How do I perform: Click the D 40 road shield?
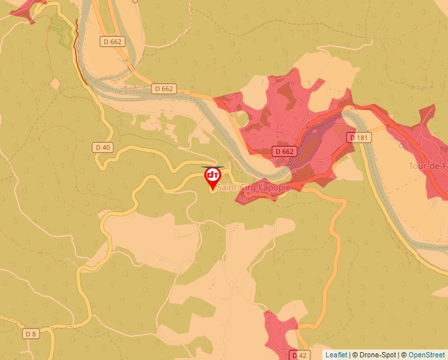tap(102, 147)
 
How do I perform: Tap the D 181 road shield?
tap(359, 138)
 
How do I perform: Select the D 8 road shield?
tap(31, 334)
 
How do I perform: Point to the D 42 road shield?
tap(299, 355)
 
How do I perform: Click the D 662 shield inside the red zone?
tap(284, 151)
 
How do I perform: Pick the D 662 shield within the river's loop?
tap(113, 41)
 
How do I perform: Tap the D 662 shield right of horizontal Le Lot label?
tap(163, 88)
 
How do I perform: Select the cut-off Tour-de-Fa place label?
tap(428, 166)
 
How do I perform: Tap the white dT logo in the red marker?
tap(213, 175)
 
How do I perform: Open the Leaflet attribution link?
tap(336, 355)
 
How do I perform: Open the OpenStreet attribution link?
tap(428, 355)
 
